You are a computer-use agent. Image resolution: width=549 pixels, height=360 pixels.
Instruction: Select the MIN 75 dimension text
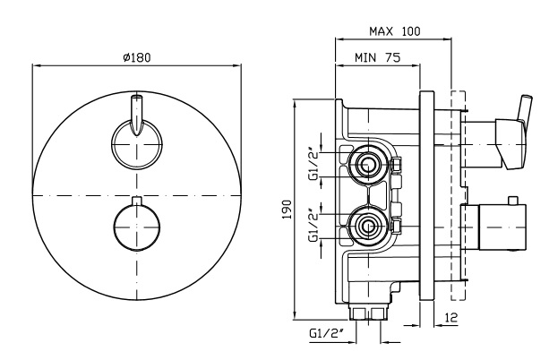pos(376,58)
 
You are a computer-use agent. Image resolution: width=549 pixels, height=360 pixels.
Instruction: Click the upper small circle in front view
pos(136,142)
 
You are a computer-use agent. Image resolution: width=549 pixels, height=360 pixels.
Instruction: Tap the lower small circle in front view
pos(136,225)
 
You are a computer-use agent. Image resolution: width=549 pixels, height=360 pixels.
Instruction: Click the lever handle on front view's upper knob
pos(136,115)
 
